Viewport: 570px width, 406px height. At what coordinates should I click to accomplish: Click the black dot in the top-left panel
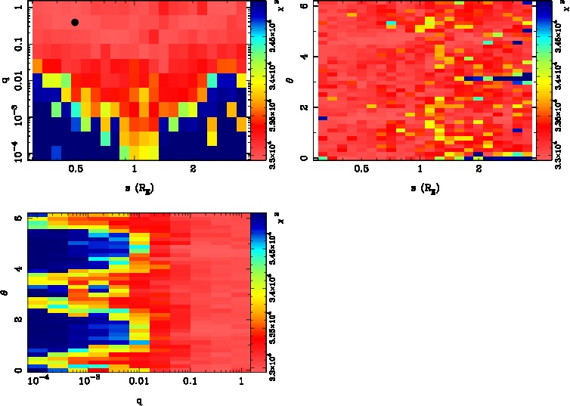pos(75,22)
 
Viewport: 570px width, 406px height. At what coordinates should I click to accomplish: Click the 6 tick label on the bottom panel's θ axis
pos(17,218)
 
